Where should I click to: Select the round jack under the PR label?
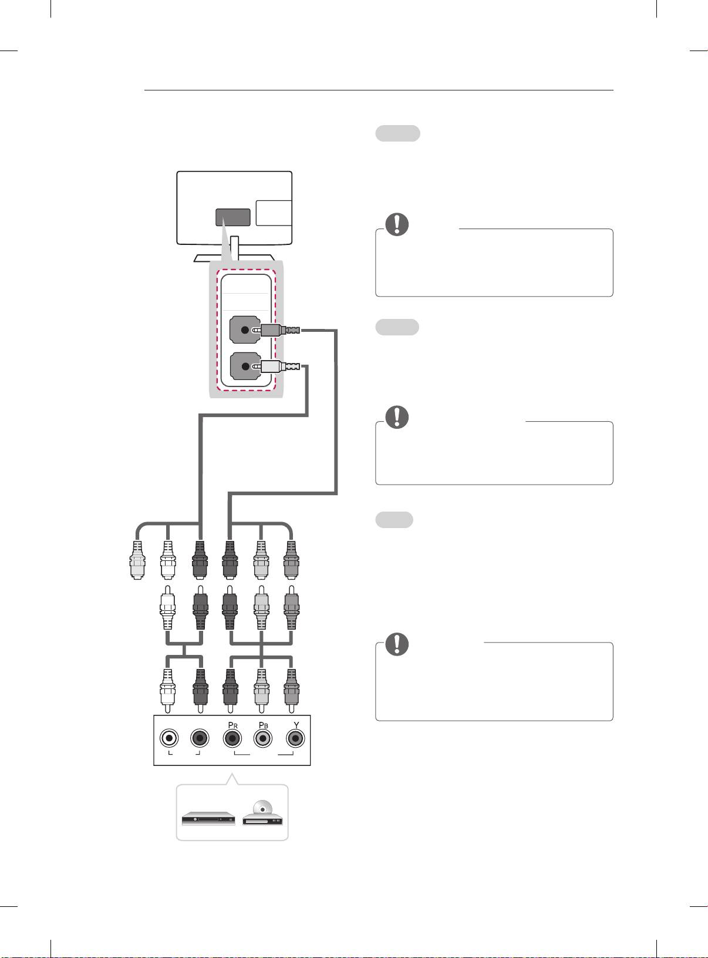(232, 738)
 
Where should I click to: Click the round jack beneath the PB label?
(262, 738)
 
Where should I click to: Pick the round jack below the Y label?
(295, 738)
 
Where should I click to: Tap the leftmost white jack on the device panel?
(169, 738)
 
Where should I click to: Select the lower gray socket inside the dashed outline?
(244, 367)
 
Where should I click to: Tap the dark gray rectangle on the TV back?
(234, 217)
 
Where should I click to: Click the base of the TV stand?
(234, 257)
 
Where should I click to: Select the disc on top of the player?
(262, 807)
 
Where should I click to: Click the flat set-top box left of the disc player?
(208, 819)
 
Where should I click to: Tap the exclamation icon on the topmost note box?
(397, 224)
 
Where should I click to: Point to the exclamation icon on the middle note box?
(397, 416)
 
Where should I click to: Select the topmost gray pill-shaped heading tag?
(397, 133)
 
